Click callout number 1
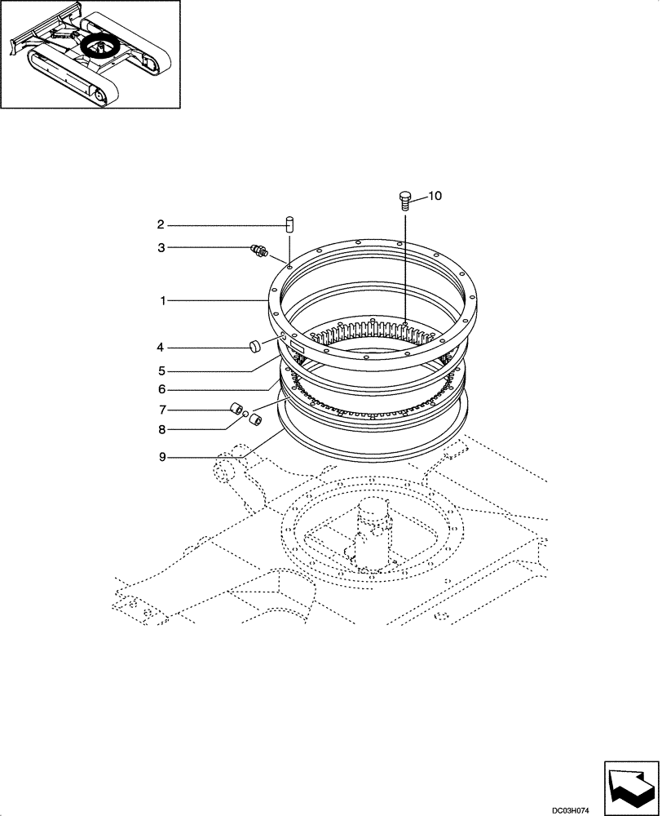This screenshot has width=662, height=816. (163, 301)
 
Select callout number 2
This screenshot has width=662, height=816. (161, 224)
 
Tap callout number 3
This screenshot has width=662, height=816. (161, 247)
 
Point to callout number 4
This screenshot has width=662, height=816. (161, 347)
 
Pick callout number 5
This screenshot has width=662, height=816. (161, 370)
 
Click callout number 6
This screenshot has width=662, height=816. (161, 390)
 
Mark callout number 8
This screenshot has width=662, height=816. (161, 428)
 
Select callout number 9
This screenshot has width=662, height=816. (163, 458)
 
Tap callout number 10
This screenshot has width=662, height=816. (435, 196)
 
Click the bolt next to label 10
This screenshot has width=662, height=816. (404, 199)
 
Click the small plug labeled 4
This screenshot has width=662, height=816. (255, 347)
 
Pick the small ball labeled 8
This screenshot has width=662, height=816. (245, 415)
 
